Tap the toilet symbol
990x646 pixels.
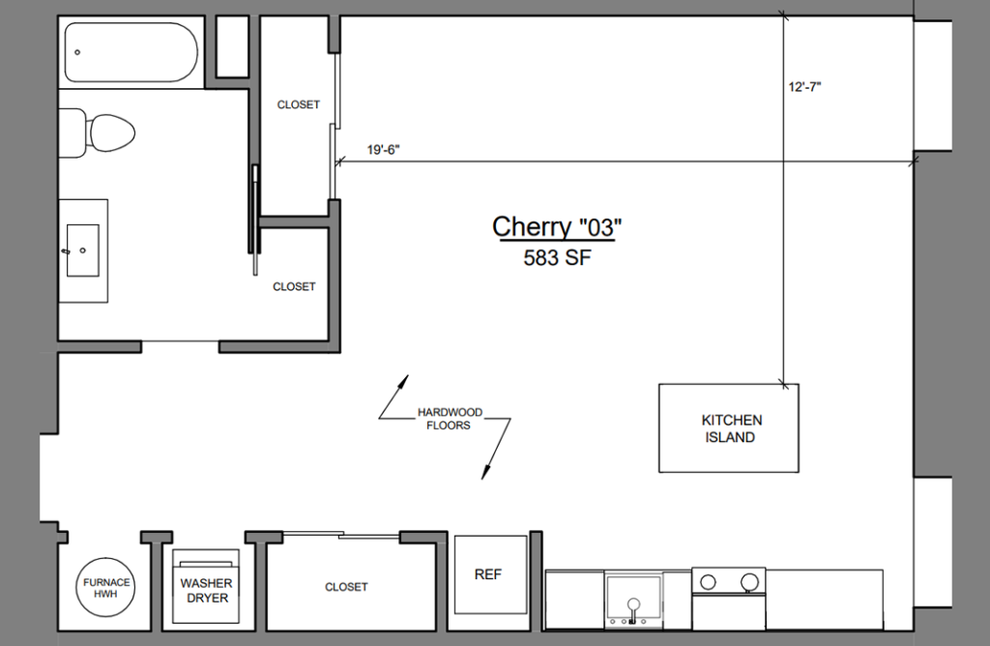[x=101, y=132]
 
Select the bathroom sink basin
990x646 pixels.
[x=82, y=250]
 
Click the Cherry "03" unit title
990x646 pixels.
[x=556, y=227]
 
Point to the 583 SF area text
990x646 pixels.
[x=556, y=258]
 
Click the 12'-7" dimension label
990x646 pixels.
[x=805, y=86]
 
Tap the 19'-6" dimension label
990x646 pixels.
[x=383, y=150]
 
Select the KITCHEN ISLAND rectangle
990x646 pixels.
[x=730, y=428]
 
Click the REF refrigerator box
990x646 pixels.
[x=489, y=574]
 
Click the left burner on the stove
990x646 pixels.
[x=708, y=581]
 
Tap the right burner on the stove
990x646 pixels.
[x=749, y=581]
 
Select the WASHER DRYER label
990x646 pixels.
[x=206, y=591]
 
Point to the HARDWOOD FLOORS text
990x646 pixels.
[x=449, y=419]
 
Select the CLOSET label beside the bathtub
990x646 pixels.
[x=298, y=104]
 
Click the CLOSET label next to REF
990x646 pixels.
[x=346, y=587]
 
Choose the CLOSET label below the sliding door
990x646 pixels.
[x=294, y=286]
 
